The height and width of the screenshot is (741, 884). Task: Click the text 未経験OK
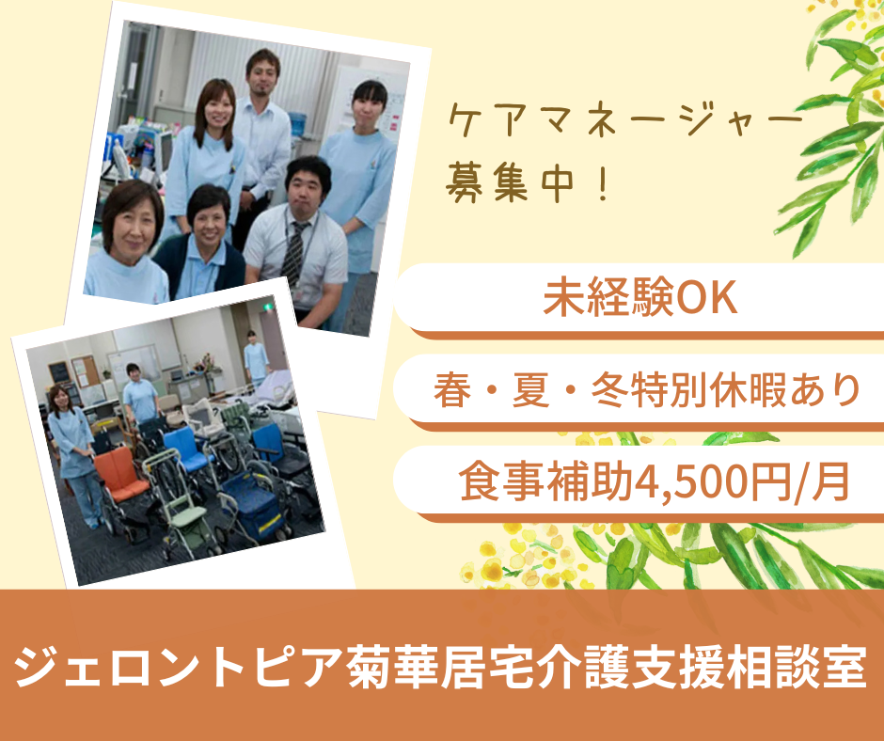click(x=639, y=299)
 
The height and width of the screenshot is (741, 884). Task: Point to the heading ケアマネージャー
click(x=625, y=124)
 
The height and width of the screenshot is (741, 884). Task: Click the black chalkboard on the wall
click(x=58, y=371)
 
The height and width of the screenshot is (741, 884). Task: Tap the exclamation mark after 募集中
click(x=600, y=181)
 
